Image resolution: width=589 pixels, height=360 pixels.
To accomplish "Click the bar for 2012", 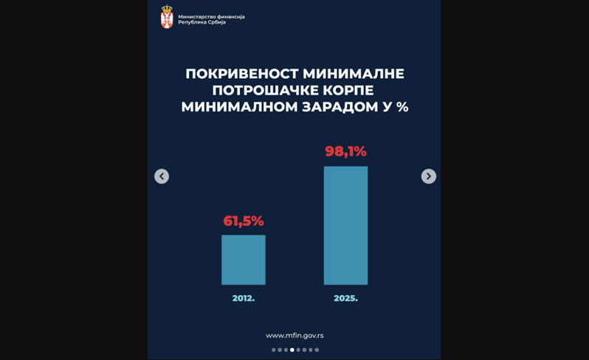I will (243, 260).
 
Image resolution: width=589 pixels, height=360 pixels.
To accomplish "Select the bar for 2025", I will (345, 225).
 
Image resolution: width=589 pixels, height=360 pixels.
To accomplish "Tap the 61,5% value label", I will (243, 221).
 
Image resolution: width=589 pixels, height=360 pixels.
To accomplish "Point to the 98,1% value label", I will (345, 151).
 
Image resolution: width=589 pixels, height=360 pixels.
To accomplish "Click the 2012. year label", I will (243, 298).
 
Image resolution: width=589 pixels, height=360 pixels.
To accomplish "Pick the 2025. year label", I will (345, 298).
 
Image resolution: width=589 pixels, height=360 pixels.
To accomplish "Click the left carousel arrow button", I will (162, 176).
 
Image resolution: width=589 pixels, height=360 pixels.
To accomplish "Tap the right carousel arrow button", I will (428, 176).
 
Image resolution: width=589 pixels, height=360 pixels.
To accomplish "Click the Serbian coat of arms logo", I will (168, 18).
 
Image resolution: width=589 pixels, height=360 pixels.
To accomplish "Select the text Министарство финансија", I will (212, 15).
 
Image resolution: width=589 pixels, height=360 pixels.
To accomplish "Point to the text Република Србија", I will (202, 22).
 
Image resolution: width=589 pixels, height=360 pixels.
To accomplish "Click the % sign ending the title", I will (402, 107).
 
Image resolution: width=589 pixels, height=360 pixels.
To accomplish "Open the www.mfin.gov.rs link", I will (294, 336).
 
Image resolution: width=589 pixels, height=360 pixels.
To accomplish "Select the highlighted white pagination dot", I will (292, 350).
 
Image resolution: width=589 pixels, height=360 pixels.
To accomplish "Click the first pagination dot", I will (274, 350).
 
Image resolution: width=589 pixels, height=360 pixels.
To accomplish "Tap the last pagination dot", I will (317, 350).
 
